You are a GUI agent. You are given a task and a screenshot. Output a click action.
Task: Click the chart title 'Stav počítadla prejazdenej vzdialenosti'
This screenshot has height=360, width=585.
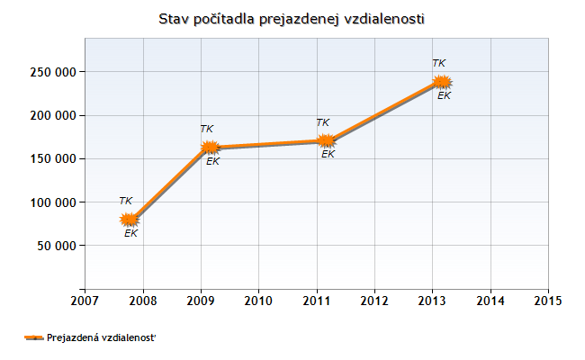291,18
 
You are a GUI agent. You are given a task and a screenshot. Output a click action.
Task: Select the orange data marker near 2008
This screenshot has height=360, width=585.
130,219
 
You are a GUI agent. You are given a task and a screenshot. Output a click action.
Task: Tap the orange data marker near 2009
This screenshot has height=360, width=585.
210,148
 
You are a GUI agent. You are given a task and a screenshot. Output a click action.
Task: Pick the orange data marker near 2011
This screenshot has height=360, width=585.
327,140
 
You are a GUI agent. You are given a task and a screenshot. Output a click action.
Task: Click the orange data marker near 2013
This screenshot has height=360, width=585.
441,82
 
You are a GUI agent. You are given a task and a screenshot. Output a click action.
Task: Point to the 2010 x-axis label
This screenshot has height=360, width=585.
258,300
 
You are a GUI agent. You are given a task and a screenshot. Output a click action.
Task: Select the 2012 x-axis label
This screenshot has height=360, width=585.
374,300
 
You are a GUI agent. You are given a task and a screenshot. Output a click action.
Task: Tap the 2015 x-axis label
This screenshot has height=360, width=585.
547,300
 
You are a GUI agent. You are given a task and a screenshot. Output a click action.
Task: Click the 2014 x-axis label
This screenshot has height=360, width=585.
490,300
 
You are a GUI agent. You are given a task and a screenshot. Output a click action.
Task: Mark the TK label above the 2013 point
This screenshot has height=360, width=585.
439,63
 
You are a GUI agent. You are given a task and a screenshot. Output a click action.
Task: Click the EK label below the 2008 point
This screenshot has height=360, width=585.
131,233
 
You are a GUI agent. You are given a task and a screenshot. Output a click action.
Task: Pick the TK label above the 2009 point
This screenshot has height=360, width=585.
207,129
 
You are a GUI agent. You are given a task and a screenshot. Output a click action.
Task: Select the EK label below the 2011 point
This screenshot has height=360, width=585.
328,154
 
